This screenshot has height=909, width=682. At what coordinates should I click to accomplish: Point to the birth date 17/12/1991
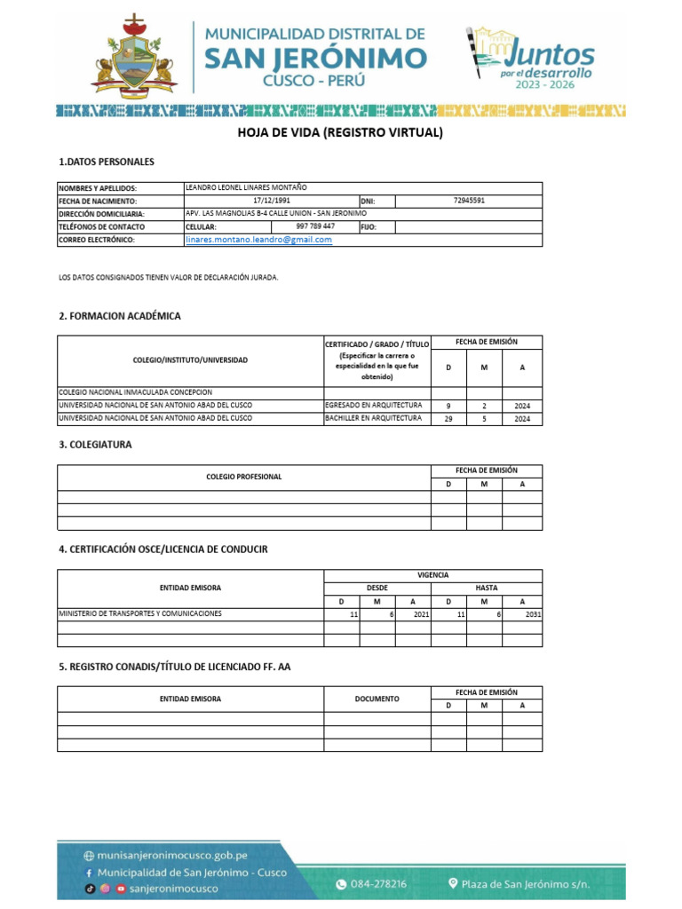click(271, 201)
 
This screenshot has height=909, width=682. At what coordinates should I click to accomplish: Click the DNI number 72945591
click(467, 201)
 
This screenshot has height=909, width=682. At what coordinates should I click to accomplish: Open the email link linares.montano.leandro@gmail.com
click(258, 240)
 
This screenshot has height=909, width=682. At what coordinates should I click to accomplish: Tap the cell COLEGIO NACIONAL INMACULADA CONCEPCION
click(135, 392)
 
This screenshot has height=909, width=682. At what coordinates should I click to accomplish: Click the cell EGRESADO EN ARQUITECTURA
click(373, 406)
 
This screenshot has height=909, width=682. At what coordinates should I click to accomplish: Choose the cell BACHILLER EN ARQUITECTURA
click(373, 418)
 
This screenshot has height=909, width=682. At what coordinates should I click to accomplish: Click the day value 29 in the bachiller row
click(448, 419)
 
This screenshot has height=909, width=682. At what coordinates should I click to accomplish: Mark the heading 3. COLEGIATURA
click(95, 445)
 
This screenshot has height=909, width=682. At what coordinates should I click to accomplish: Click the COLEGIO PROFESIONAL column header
click(243, 477)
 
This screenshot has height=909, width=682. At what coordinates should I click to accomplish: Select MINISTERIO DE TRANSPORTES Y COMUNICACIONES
click(140, 613)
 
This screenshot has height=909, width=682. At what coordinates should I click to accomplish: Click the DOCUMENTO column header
click(377, 699)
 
